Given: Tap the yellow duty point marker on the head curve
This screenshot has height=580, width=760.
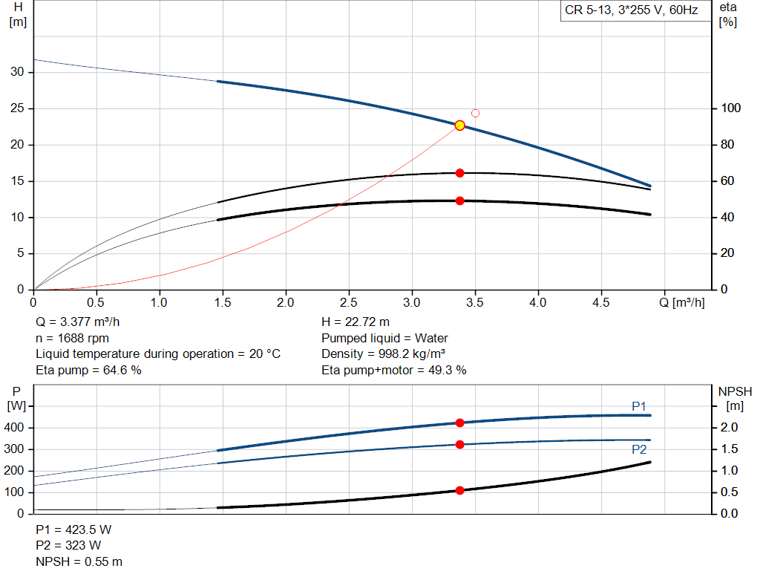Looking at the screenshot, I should pyautogui.click(x=459, y=126).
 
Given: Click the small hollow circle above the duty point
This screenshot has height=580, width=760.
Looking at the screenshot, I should pyautogui.click(x=475, y=114).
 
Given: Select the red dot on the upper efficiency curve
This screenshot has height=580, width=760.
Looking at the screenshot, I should pyautogui.click(x=459, y=173).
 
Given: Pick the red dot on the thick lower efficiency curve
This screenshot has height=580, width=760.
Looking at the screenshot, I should pyautogui.click(x=459, y=201).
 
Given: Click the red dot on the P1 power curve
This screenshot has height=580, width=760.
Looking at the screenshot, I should pyautogui.click(x=459, y=423).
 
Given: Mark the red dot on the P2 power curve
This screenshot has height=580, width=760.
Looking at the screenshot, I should pyautogui.click(x=459, y=444).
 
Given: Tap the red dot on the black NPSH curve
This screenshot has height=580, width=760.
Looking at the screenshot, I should pyautogui.click(x=459, y=490).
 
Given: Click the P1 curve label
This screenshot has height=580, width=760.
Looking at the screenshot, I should pyautogui.click(x=639, y=406).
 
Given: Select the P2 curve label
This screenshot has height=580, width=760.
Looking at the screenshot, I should pyautogui.click(x=639, y=449).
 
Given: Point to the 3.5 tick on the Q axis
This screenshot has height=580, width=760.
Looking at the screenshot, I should pyautogui.click(x=475, y=303).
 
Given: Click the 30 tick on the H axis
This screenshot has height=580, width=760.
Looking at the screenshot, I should pyautogui.click(x=17, y=72).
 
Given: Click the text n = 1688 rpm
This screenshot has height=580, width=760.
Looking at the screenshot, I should pyautogui.click(x=72, y=338).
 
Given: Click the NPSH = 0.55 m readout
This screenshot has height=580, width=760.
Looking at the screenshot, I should pyautogui.click(x=79, y=561).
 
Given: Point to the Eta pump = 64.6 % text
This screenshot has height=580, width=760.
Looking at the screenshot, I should pyautogui.click(x=88, y=370).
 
